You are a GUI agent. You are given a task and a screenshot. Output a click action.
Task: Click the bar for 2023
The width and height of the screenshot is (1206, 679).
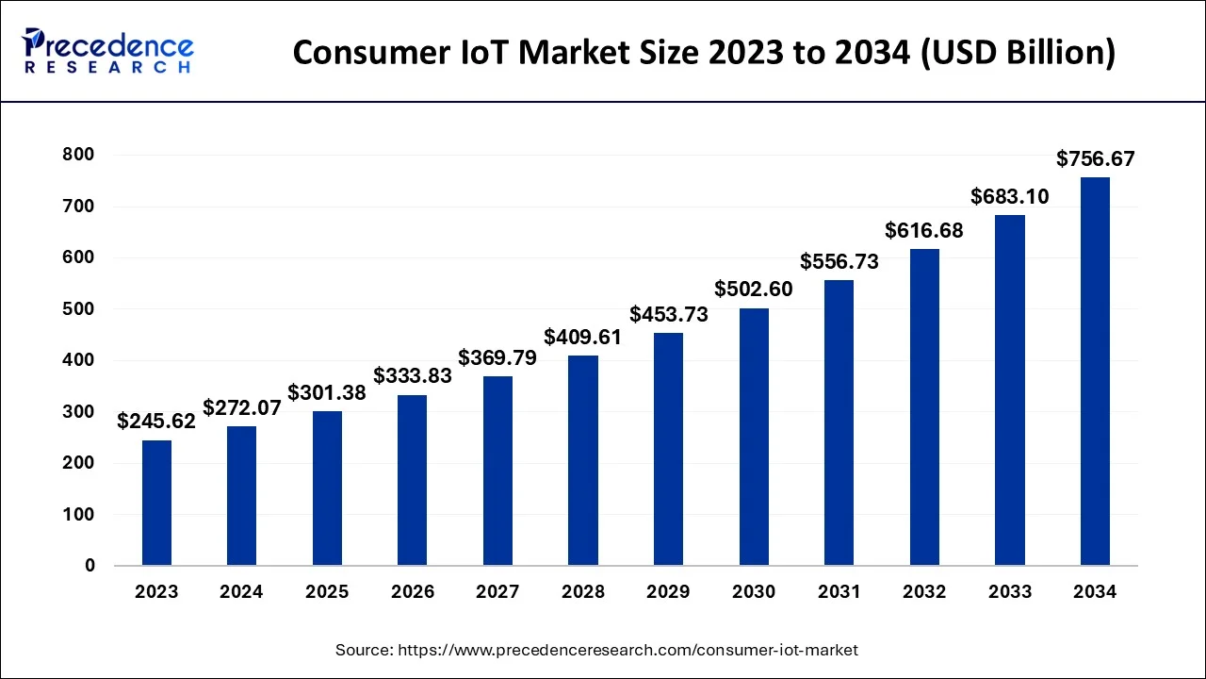156,503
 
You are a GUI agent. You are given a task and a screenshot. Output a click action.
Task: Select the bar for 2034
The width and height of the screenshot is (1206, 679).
1095,372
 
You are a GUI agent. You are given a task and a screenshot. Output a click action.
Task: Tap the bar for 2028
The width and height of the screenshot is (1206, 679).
583,460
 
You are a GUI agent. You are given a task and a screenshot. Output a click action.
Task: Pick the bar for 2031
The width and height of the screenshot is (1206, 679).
839,422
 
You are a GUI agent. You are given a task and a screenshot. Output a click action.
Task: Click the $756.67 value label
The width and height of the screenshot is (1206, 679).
1095,159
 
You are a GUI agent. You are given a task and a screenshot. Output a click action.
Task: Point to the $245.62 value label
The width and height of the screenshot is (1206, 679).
156,422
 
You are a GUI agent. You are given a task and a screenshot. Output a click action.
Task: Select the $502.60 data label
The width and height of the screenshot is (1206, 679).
754,290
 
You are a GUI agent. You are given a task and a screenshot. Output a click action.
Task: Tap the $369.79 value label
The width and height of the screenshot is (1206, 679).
497,358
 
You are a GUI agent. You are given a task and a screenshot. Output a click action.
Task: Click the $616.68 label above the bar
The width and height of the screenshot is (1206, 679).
924,230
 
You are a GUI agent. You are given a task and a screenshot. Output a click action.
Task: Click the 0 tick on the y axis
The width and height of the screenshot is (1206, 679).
90,566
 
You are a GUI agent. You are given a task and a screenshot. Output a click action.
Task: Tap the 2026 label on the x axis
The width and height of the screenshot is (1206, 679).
413,592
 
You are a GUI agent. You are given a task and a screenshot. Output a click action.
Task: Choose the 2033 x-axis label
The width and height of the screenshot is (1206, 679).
1010,592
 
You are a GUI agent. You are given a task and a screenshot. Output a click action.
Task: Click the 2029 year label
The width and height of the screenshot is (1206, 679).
668,592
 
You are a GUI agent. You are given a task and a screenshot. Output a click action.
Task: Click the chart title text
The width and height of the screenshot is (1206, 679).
704,53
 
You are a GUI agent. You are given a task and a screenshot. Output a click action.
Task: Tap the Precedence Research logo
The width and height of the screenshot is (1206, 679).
108,51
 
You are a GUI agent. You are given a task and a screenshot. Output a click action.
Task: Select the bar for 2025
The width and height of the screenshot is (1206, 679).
327,489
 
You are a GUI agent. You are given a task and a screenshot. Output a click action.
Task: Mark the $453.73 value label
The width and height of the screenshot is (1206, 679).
668,315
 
